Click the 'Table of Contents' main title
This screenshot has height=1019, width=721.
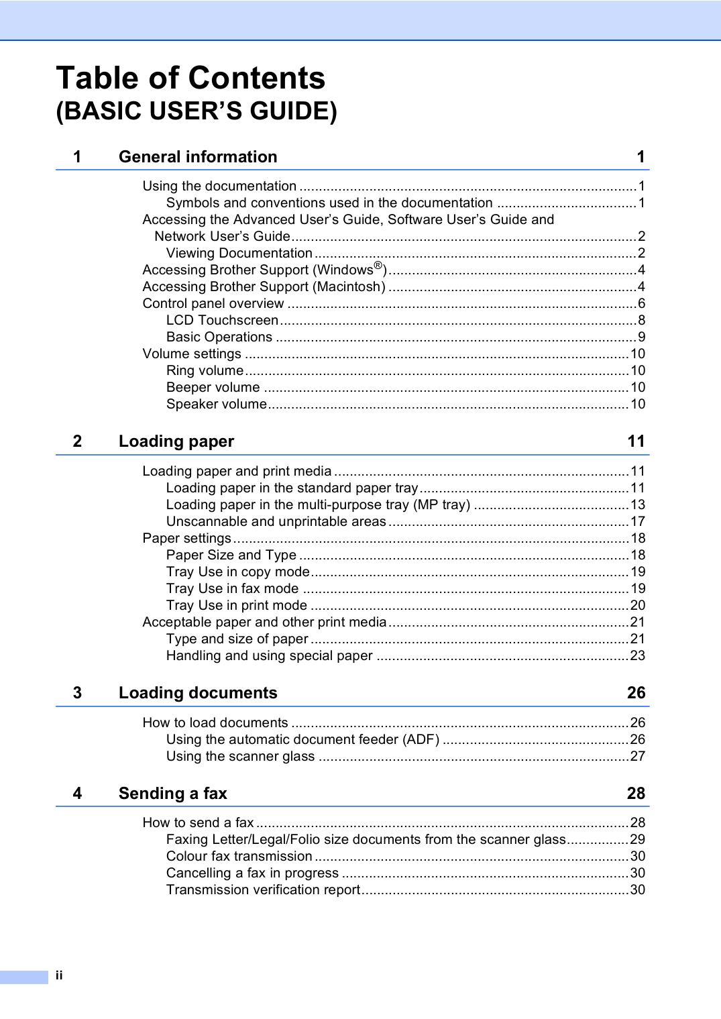point(190,78)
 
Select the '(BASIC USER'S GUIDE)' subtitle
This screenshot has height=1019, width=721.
point(197,111)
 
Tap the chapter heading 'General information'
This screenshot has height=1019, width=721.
point(198,157)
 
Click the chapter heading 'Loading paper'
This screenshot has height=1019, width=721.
point(176,441)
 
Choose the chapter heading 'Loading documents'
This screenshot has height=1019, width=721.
point(198,693)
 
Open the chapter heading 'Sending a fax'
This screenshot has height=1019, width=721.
point(173,794)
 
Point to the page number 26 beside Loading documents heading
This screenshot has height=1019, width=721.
point(636,693)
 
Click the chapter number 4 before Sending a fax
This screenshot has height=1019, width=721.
point(78,794)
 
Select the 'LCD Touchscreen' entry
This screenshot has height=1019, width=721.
point(222,321)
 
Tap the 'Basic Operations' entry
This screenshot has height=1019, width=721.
point(219,337)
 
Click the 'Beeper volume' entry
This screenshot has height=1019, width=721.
point(213,388)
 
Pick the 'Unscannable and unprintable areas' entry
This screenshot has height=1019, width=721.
point(276,522)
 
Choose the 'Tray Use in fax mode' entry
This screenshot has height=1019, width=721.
point(232,589)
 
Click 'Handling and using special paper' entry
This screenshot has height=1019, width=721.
point(269,656)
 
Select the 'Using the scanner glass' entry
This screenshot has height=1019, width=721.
point(240,757)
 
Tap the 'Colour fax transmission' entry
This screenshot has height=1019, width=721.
point(239,857)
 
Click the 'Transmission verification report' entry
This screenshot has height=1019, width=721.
point(263,890)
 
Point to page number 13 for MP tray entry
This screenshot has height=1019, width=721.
point(637,505)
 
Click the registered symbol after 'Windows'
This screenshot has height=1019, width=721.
point(378,266)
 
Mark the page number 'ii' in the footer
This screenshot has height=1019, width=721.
point(59,975)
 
